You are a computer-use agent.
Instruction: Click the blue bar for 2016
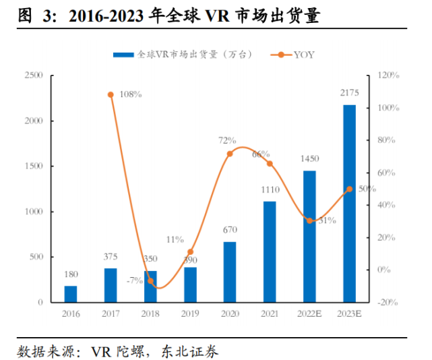[71, 294]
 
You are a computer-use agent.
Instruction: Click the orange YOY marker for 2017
[111, 95]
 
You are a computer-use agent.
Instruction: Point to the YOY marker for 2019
[190, 251]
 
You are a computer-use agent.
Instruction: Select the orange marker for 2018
[150, 281]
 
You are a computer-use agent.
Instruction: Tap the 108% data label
[130, 94]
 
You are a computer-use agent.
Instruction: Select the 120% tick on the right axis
[388, 76]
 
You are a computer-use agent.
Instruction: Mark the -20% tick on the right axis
[388, 303]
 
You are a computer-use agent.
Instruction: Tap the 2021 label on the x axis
[270, 314]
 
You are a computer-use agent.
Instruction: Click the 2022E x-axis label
[309, 314]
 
